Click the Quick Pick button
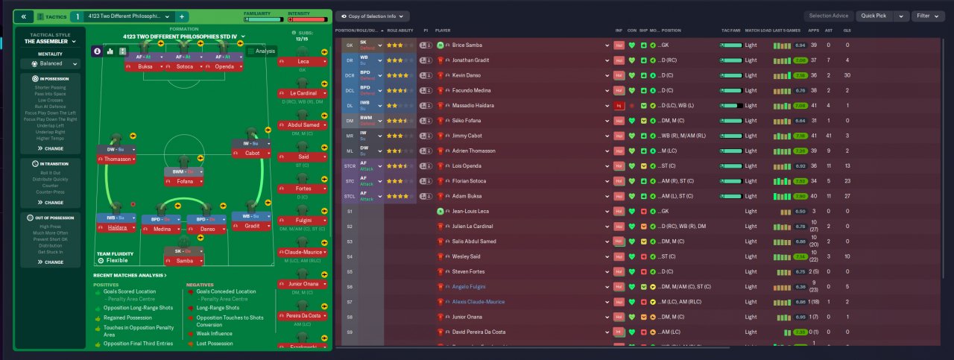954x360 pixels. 876,16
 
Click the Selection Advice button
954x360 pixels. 828,16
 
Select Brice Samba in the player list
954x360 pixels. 468,45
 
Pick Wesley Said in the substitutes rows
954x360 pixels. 467,256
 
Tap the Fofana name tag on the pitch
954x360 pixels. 186,181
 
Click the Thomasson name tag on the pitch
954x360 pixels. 118,159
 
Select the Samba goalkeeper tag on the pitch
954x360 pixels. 186,261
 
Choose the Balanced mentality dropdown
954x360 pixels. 53,63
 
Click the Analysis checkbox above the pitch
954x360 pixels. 251,51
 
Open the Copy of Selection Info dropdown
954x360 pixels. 373,16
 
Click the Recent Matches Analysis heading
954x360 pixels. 130,275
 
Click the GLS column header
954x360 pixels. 847,31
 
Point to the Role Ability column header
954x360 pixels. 399,31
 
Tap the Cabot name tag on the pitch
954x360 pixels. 252,153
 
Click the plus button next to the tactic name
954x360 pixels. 183,16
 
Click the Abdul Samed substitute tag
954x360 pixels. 301,124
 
